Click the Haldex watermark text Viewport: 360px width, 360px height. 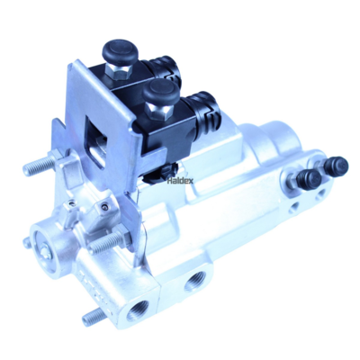[180, 180]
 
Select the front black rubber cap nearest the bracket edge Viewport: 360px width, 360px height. [160, 94]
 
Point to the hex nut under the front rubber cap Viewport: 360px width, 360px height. [158, 112]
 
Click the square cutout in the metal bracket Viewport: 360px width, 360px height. [95, 141]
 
